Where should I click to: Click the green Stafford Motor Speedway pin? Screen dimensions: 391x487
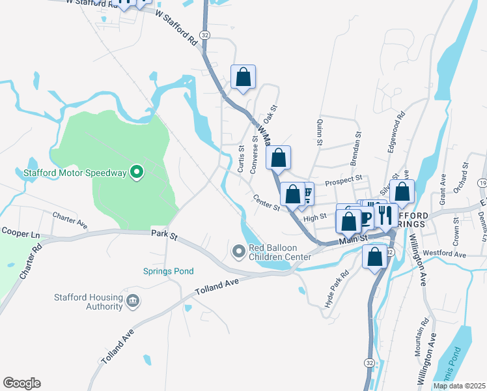(x=136, y=173)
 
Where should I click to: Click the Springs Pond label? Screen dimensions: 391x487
(x=168, y=271)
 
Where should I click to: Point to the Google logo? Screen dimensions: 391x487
(x=21, y=383)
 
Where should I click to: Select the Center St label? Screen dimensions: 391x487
(x=266, y=203)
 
